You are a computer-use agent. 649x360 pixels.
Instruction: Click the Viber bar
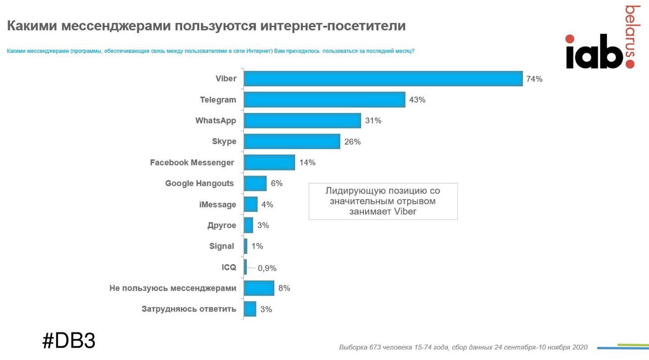(383, 79)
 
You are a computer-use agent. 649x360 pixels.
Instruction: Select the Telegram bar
(324, 100)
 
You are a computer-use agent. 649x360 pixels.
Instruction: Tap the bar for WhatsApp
(302, 121)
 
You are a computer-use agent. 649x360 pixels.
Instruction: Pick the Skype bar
(292, 141)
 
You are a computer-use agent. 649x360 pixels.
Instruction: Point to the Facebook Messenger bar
(269, 162)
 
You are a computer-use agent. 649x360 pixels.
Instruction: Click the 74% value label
(534, 79)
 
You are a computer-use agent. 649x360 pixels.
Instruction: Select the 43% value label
(417, 100)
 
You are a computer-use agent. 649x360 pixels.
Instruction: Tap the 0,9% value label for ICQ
(267, 268)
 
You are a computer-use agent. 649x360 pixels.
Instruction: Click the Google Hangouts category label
(199, 184)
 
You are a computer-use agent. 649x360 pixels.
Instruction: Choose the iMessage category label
(218, 204)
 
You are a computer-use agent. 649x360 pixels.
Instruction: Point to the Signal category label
(222, 246)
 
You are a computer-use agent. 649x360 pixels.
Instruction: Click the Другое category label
(222, 225)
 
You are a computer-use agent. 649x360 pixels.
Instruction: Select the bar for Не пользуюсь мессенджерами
(259, 288)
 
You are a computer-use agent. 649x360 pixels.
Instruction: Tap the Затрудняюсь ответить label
(189, 309)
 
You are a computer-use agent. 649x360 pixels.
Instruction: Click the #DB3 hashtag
(68, 341)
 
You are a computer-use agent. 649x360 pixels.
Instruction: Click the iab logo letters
(594, 52)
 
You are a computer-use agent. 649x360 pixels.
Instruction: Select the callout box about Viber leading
(383, 201)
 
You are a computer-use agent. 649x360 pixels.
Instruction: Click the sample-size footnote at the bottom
(463, 347)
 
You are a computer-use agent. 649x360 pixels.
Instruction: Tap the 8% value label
(284, 288)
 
